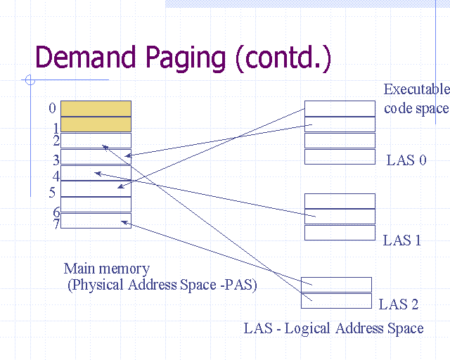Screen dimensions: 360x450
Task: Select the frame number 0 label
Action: pyautogui.click(x=52, y=108)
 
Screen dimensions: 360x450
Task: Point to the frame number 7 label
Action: pyautogui.click(x=56, y=224)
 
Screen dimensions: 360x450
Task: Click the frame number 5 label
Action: pyautogui.click(x=52, y=191)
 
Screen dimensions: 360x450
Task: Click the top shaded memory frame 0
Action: pyautogui.click(x=96, y=108)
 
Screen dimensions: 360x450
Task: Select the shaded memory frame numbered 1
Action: pyautogui.click(x=96, y=124)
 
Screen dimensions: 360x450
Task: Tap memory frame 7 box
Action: pyautogui.click(x=96, y=221)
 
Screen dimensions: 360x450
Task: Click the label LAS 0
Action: pyautogui.click(x=406, y=160)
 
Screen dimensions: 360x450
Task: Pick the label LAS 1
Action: pyautogui.click(x=401, y=240)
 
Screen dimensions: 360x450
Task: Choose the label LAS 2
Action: pyautogui.click(x=398, y=304)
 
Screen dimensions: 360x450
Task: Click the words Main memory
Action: pyautogui.click(x=106, y=268)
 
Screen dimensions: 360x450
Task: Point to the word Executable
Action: pyautogui.click(x=416, y=90)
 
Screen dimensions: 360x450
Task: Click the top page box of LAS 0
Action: pyautogui.click(x=340, y=108)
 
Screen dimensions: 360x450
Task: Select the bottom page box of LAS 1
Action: pyautogui.click(x=340, y=233)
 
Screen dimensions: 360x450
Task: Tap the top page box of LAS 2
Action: pyautogui.click(x=336, y=285)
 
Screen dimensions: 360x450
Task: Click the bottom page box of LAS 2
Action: pyautogui.click(x=336, y=301)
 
